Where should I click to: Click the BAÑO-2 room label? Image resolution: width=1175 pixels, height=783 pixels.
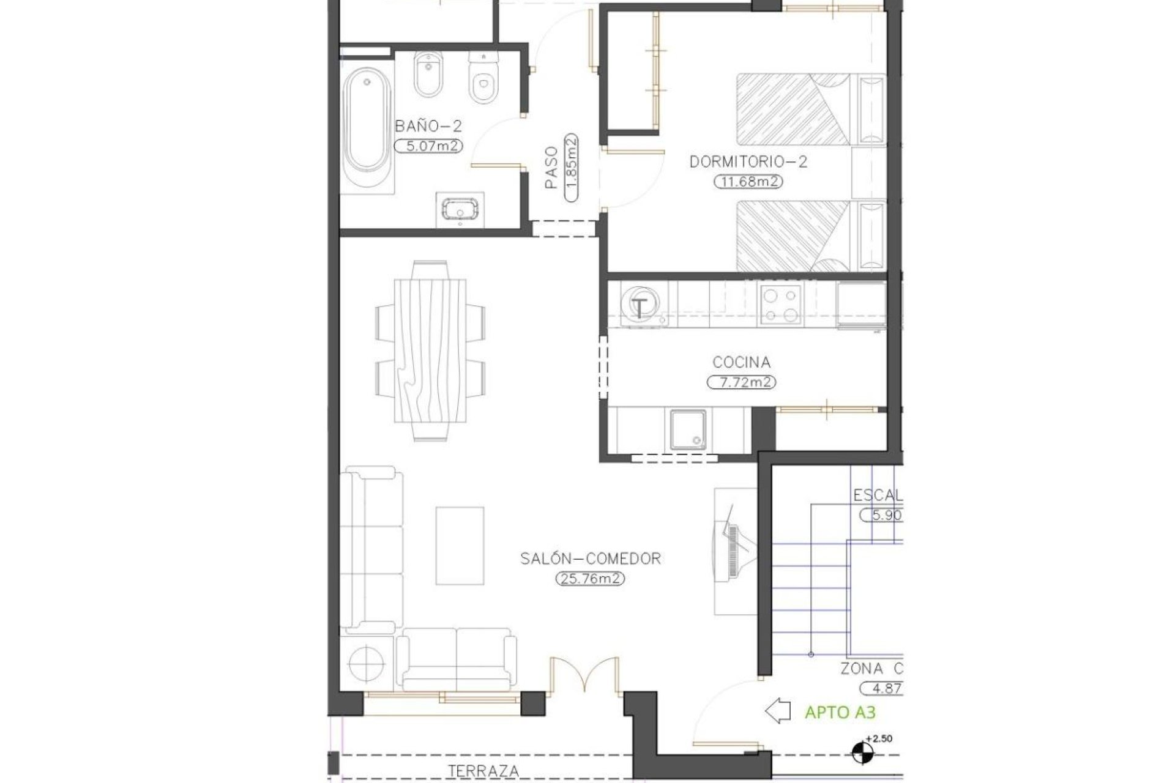(428, 127)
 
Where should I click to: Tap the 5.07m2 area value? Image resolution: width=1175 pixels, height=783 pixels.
(428, 146)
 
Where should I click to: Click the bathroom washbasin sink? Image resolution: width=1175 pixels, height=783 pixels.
(460, 209)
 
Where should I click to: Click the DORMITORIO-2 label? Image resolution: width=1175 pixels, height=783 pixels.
(748, 162)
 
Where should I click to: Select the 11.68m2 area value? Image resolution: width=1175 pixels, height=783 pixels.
(748, 182)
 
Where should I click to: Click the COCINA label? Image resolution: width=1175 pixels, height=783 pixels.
(741, 362)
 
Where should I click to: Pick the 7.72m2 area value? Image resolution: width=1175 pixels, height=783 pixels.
(741, 383)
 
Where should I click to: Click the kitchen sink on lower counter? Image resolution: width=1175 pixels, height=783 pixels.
(690, 429)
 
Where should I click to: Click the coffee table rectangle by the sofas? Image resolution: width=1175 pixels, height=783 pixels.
(460, 545)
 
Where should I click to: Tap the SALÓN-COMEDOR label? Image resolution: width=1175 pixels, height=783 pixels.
(590, 558)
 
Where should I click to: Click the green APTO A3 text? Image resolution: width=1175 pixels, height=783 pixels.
(840, 713)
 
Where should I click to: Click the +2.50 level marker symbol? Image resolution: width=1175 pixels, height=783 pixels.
(863, 753)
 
